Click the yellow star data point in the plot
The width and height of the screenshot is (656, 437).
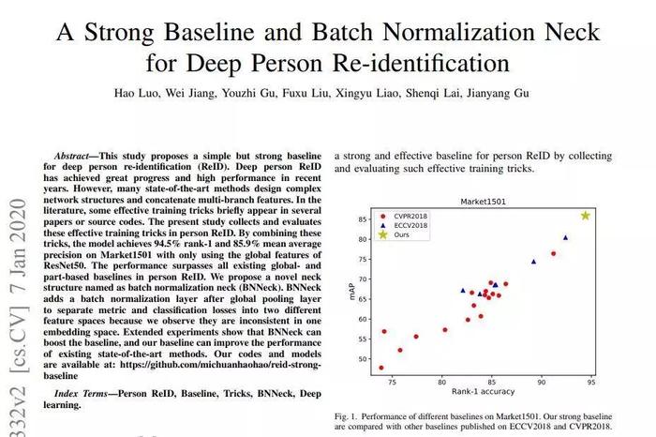point(586,216)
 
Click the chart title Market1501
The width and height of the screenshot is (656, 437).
point(483,202)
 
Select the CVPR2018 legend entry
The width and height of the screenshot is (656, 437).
point(403,216)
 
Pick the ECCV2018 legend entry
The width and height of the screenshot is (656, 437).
point(403,225)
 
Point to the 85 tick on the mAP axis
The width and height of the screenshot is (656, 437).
point(363,219)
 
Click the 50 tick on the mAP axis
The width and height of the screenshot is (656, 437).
point(363,359)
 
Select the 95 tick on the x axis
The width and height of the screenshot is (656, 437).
point(591,382)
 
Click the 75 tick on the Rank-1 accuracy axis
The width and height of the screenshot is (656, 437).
point(392,382)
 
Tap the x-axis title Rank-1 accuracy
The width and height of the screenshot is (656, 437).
point(483,391)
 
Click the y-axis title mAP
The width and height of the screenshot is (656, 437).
point(351,292)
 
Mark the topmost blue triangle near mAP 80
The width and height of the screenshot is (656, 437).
point(566,237)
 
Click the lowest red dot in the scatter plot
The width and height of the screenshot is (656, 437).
point(381,368)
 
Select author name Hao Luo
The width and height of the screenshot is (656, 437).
point(136,93)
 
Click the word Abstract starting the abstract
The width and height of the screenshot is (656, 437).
point(71,156)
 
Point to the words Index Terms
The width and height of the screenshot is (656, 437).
point(81,394)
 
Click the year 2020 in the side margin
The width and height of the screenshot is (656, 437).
point(18,225)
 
